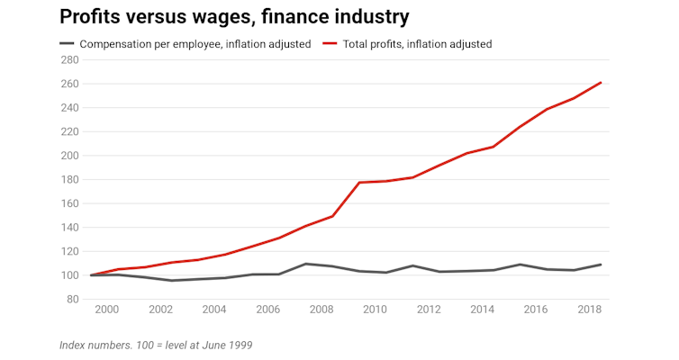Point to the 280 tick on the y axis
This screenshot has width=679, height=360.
[x=68, y=60]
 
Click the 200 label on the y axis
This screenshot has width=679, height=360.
[x=68, y=156]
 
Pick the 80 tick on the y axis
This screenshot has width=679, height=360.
[x=72, y=299]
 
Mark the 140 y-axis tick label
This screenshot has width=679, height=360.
[x=68, y=228]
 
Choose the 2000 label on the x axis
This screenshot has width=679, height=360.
[x=108, y=310]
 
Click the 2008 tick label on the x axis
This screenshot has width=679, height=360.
[x=321, y=310]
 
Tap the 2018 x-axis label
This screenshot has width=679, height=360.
[x=589, y=310]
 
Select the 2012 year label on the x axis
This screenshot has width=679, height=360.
[x=429, y=310]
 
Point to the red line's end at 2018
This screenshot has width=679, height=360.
[x=601, y=83]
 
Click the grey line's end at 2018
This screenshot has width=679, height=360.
[x=601, y=265]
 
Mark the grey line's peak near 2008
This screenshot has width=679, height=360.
[x=306, y=264]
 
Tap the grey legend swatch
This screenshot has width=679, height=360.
[x=67, y=44]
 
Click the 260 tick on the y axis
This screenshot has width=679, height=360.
[x=68, y=84]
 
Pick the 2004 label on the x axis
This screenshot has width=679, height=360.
[x=214, y=310]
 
